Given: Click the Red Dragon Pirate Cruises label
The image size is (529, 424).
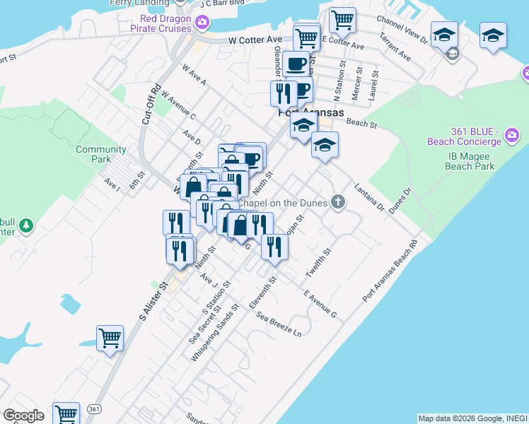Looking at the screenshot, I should coord(161,23).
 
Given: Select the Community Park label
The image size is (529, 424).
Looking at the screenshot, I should coord(101,154).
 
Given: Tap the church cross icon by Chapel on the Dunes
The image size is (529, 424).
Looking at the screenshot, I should coord(338,203).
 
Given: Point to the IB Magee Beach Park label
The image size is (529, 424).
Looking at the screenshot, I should coord(470,161).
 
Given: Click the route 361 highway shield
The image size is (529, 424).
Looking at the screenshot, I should coord(93,409).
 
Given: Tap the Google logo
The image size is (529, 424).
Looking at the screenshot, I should coord(24,416).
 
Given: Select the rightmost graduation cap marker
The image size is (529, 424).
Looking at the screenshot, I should coord(493,35).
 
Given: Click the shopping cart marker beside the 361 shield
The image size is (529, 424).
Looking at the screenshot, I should coord(66,414).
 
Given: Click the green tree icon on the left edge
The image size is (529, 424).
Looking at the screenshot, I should coord(26,225).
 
